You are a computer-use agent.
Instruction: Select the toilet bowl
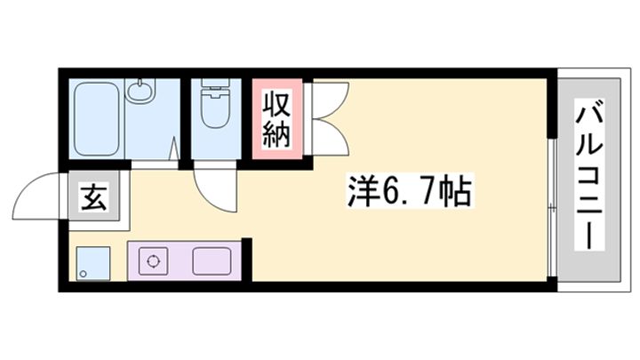click(214, 111)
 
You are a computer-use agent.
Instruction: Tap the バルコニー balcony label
click(588, 174)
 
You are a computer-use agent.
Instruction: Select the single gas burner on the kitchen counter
click(154, 261)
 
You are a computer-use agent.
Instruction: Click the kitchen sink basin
click(212, 261)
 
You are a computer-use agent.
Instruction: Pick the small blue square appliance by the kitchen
click(92, 263)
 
